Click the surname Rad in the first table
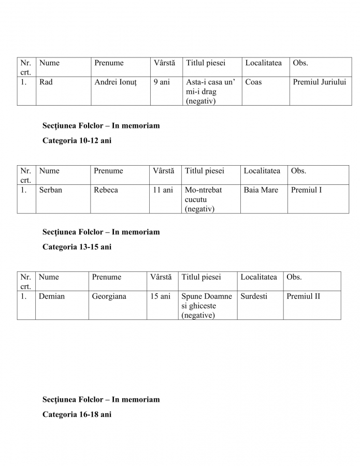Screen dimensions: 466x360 [46, 82]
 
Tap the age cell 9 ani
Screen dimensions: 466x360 [162, 82]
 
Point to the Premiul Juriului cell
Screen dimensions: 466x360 [320, 82]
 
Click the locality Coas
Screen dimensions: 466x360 [253, 82]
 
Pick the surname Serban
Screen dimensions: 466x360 [51, 190]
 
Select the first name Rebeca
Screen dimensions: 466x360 [106, 190]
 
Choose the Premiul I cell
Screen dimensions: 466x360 [306, 190]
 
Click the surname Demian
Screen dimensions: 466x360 [51, 297]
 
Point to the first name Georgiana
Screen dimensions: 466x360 [109, 297]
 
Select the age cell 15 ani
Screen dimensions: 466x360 [160, 297]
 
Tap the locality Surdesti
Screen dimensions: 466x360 [254, 297]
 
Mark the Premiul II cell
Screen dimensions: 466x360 [303, 297]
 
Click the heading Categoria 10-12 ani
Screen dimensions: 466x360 [77, 140]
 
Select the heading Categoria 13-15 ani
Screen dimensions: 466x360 [77, 247]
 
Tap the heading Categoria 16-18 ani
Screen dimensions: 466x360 [77, 415]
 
